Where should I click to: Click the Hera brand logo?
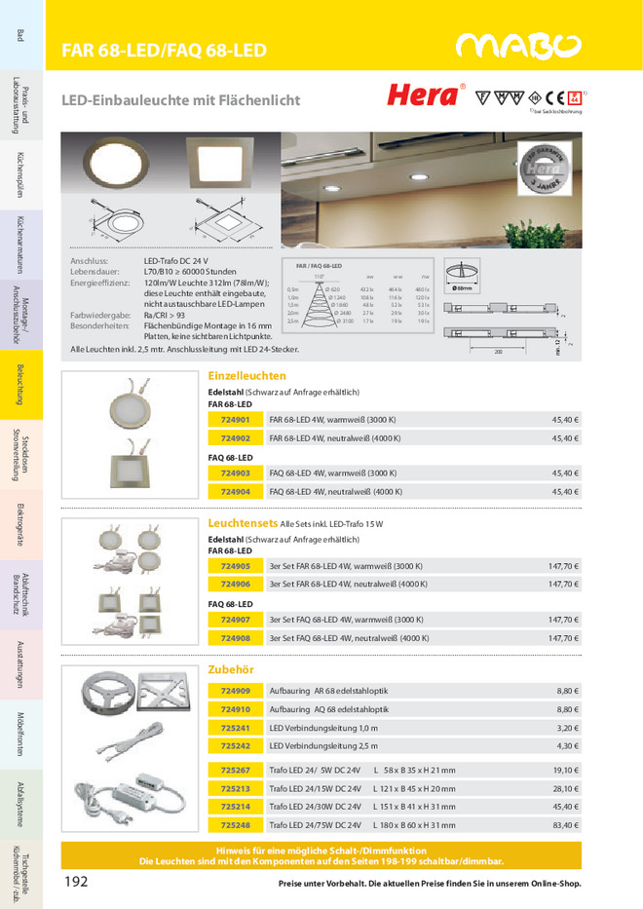pos(423,95)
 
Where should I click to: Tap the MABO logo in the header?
pos(518,47)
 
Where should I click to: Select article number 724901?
pos(235,421)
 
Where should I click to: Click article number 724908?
pos(235,638)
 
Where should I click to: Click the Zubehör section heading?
pos(231,669)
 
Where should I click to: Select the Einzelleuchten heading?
pos(247,375)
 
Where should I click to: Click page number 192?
pos(77,881)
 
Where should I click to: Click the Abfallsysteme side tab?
pos(20,802)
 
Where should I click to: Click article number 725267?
pos(235,770)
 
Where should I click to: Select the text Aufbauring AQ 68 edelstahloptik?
pos(328,709)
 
